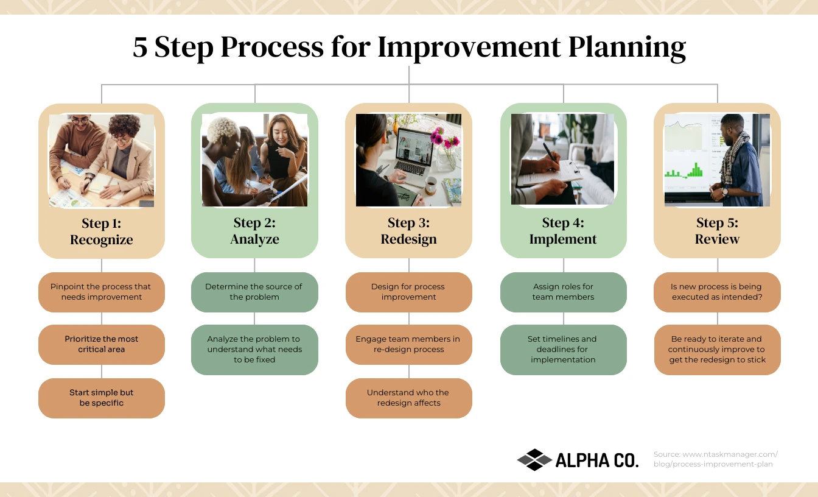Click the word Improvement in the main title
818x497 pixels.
468,48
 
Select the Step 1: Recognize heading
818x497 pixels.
102,231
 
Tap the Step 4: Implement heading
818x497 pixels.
563,231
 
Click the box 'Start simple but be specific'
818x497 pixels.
102,398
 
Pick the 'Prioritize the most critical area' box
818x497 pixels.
102,344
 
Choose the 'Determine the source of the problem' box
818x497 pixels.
254,292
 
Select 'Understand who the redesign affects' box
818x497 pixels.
408,398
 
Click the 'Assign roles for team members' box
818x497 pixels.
563,292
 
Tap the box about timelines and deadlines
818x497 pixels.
563,350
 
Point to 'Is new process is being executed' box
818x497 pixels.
717,292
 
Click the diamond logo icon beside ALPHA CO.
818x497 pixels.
534,460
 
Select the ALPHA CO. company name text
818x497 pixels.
597,460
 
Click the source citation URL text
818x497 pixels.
715,459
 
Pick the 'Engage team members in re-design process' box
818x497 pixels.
408,344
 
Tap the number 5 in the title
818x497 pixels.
140,48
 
